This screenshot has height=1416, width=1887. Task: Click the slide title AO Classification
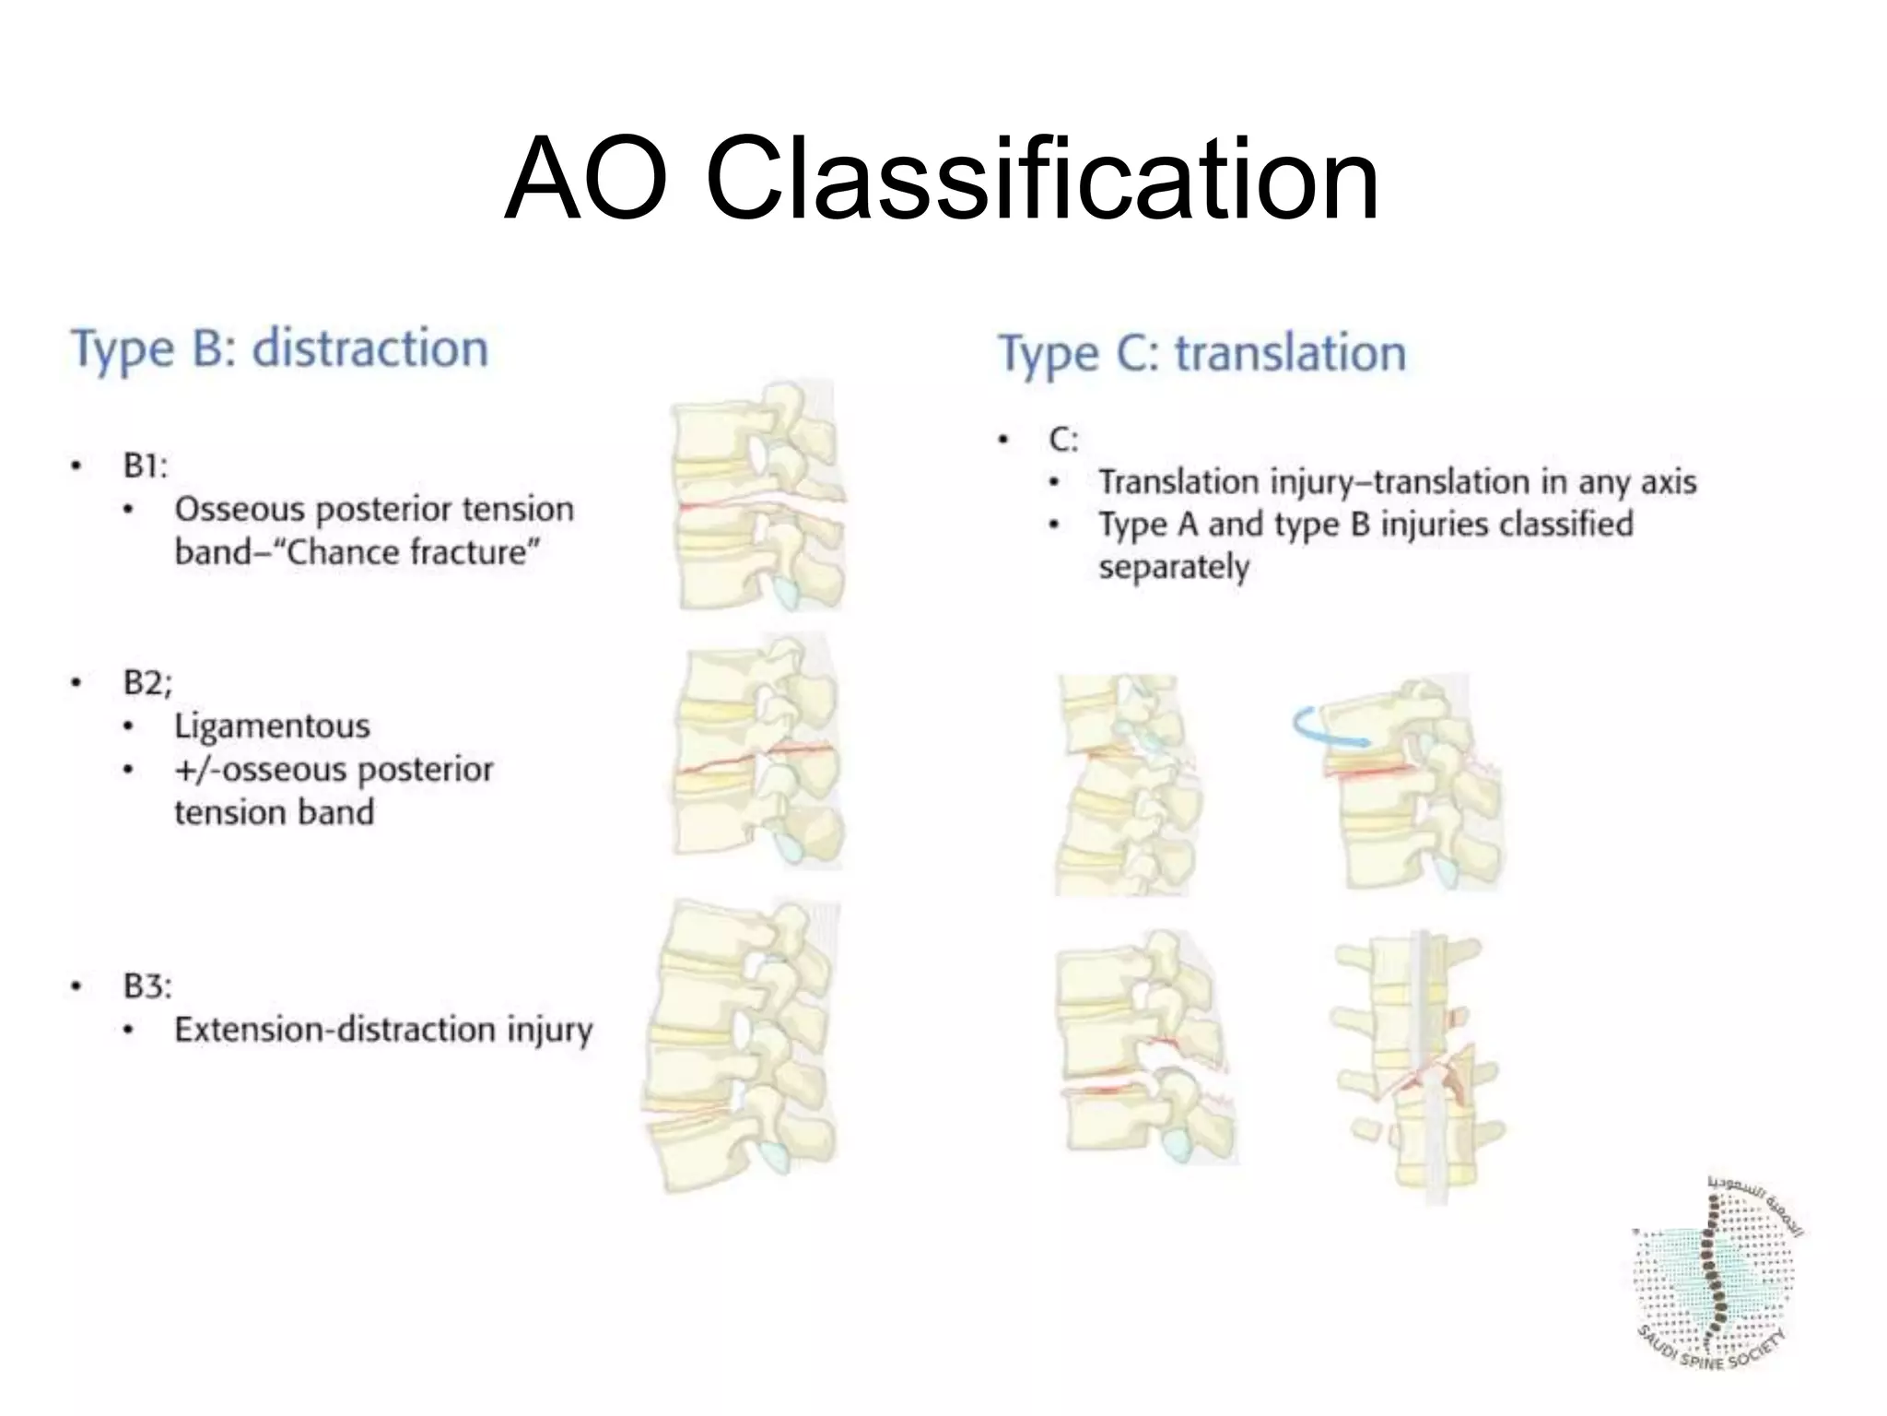[x=942, y=179]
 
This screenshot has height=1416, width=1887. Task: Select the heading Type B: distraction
[x=279, y=349]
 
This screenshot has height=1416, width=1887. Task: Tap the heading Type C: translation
[x=1201, y=354]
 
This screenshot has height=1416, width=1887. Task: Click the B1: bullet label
[x=146, y=466]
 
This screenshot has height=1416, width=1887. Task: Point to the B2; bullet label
[x=147, y=682]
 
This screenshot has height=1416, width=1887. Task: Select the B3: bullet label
[x=147, y=985]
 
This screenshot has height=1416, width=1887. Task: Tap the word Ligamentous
[x=272, y=726]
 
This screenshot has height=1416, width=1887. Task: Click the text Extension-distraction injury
[x=383, y=1029]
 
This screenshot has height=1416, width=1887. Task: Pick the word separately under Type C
[x=1174, y=566]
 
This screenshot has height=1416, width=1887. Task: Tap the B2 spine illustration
[x=757, y=751]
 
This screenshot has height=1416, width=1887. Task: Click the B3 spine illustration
[x=742, y=1046]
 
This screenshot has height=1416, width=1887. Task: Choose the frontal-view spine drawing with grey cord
[x=1417, y=1069]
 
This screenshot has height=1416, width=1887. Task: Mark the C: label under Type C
[x=1063, y=440]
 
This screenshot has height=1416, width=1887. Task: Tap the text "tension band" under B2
[x=274, y=812]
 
